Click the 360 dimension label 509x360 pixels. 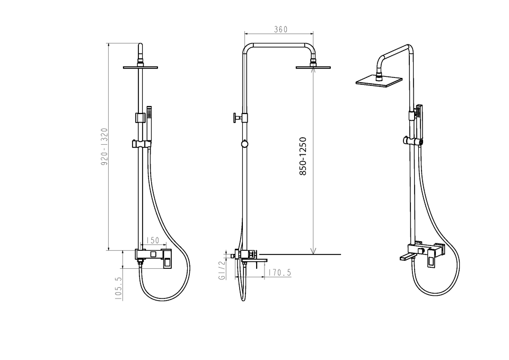pos(281,29)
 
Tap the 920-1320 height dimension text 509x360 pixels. pos(104,147)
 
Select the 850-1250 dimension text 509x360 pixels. pos(303,156)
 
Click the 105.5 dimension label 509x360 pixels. pos(118,288)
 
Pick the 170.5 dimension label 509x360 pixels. pos(280,273)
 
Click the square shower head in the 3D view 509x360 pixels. pos(379,81)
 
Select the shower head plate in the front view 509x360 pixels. pos(140,67)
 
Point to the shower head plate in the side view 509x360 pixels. pos(313,67)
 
